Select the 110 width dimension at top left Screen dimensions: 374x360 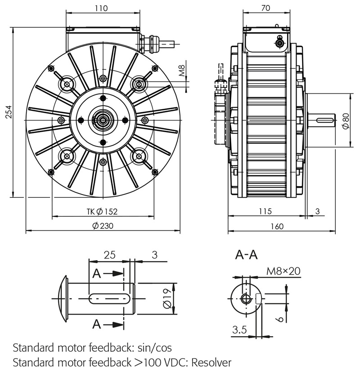pyautogui.click(x=102, y=8)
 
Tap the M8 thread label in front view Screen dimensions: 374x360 pyautogui.click(x=182, y=71)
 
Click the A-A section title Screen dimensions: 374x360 pyautogui.click(x=246, y=255)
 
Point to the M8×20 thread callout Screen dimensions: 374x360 pyautogui.click(x=283, y=271)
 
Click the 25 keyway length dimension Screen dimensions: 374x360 pyautogui.click(x=109, y=255)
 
